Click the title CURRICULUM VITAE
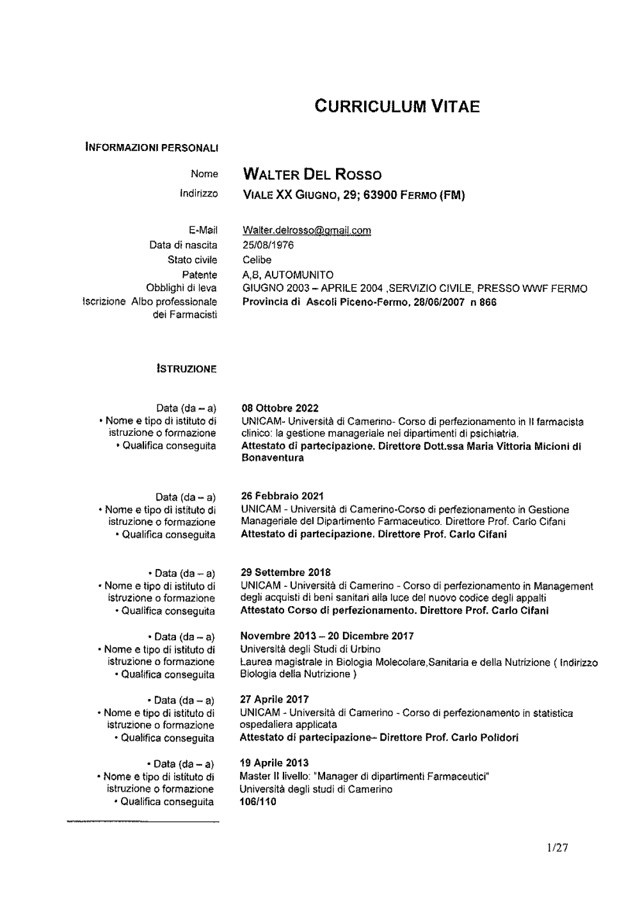[x=397, y=106]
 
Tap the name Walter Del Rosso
[x=312, y=175]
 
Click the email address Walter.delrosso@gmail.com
[x=307, y=230]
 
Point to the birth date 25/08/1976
[x=268, y=245]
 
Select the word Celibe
[x=257, y=260]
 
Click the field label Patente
[x=200, y=275]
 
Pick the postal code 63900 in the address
[x=380, y=195]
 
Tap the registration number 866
[x=488, y=302]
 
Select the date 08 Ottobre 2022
[x=280, y=408]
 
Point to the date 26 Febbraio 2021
[x=282, y=496]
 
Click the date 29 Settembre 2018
[x=285, y=572]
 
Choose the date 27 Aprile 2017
[x=274, y=700]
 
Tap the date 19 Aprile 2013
[x=274, y=763]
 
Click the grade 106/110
[x=259, y=801]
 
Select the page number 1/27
[x=557, y=849]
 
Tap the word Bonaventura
[x=272, y=458]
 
